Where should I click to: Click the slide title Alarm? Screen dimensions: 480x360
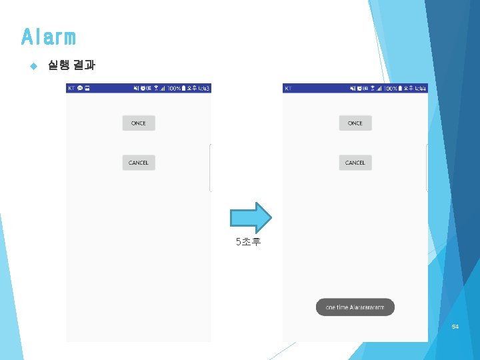[x=48, y=37]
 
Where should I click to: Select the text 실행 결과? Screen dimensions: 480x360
[x=71, y=65]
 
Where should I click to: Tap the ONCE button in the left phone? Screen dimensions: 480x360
[x=139, y=123]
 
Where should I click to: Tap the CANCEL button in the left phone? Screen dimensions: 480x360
[x=139, y=163]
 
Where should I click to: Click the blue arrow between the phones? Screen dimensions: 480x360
[x=251, y=217]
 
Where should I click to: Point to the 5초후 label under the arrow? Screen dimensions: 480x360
[x=249, y=242]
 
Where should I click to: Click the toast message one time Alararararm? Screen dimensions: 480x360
[x=355, y=307]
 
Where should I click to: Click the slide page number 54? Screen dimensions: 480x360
[x=455, y=327]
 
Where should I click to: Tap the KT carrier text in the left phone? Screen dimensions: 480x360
[x=71, y=88]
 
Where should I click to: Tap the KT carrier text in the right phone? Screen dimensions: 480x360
[x=288, y=88]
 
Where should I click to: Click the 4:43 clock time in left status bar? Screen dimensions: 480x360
[x=203, y=88]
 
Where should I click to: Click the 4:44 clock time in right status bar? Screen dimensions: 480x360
[x=420, y=88]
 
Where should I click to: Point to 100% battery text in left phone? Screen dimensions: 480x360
[x=175, y=88]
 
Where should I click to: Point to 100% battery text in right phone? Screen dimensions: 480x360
[x=391, y=88]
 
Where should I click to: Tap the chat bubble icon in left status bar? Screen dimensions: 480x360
[x=79, y=88]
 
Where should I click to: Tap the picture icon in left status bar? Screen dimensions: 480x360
[x=87, y=88]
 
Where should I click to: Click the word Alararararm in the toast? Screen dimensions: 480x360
[x=367, y=307]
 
